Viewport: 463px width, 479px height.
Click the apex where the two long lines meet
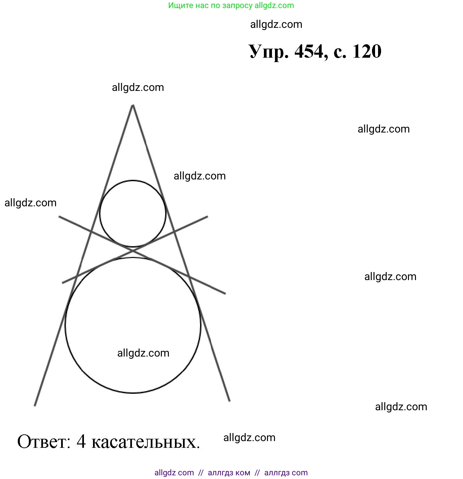133,105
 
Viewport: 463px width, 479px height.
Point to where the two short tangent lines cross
133,250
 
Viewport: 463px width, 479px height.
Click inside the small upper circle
133,214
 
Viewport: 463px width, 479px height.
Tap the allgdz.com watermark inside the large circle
143,353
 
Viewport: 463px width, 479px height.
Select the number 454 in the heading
309,51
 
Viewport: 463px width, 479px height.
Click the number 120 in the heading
367,51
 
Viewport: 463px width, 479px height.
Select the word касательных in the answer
145,442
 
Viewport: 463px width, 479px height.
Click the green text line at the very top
231,5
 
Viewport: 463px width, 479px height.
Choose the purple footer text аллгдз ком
229,473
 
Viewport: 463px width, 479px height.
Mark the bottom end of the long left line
35,405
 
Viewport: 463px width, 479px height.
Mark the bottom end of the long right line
230,401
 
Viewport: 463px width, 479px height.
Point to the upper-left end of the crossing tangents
59,217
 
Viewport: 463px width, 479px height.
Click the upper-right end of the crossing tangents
207,217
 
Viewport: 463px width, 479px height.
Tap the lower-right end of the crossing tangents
225,294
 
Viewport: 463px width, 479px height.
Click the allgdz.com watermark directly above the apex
138,87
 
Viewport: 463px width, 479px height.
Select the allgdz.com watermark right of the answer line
249,437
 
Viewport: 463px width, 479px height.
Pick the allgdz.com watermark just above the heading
276,24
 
